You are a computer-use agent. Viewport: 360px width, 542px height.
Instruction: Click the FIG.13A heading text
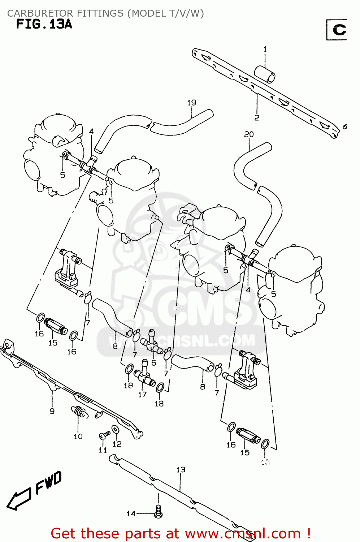click(44, 24)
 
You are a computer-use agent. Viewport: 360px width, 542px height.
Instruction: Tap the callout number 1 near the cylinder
click(265, 49)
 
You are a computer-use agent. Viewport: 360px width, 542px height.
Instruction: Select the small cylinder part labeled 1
click(265, 74)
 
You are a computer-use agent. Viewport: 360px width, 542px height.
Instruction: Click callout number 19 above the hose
click(191, 103)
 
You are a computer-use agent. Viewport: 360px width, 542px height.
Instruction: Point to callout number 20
click(249, 134)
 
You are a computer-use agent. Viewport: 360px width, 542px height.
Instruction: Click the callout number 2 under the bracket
click(256, 118)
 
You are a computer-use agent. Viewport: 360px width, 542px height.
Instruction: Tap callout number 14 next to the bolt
click(131, 513)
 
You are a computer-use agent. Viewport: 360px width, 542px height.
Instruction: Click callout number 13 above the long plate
click(181, 470)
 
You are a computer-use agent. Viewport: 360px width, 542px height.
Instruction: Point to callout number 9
click(52, 411)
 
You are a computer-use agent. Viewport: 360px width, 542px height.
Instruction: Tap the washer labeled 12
click(115, 429)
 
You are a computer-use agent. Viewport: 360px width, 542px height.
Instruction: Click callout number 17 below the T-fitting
click(142, 395)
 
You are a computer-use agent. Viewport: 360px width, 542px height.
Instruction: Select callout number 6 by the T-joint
click(154, 362)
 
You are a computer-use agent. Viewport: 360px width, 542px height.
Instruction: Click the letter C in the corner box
click(339, 30)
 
